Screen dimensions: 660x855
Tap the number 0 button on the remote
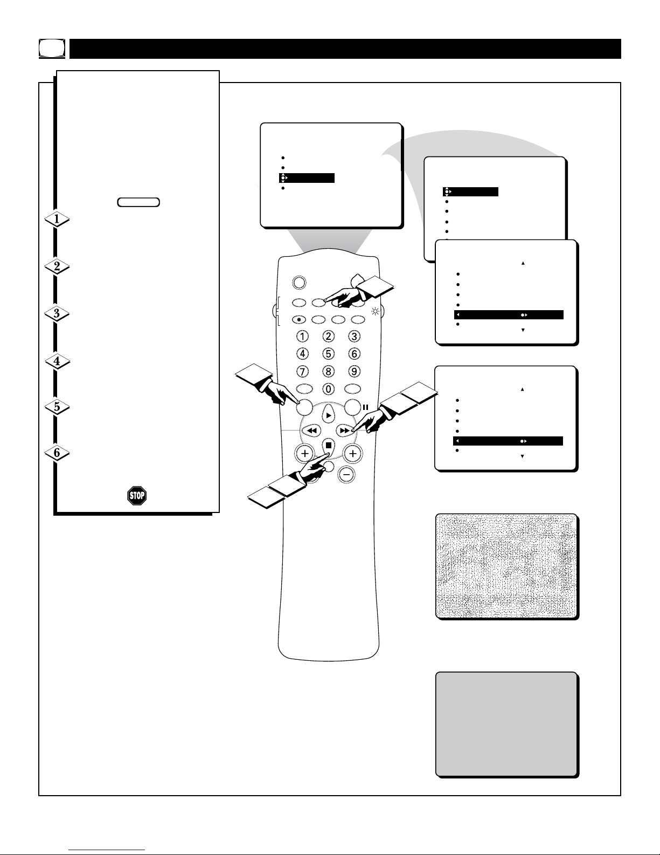point(329,389)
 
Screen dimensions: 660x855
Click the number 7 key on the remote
point(302,372)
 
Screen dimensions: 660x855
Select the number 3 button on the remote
point(355,337)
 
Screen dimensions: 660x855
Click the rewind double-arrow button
point(311,431)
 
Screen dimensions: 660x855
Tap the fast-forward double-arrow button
point(345,431)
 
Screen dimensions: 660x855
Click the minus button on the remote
point(346,475)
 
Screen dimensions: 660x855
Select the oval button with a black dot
point(299,320)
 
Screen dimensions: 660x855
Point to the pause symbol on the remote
point(365,407)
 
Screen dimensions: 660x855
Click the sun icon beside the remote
point(376,312)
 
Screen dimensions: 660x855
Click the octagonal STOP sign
point(137,495)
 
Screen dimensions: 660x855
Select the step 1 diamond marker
point(57,219)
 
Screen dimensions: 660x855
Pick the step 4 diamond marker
point(57,361)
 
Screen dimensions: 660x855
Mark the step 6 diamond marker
point(57,453)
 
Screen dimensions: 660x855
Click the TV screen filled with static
point(506,566)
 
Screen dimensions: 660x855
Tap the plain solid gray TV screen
point(506,724)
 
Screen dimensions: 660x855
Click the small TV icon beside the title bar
point(52,49)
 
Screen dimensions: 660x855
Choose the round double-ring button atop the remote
point(299,283)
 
